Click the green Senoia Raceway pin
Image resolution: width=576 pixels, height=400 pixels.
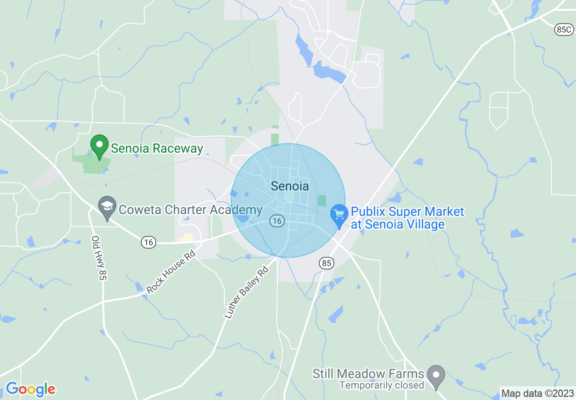(x=99, y=145)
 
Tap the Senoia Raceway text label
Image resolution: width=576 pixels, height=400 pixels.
(x=157, y=148)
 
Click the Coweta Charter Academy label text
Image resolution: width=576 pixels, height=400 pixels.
(x=190, y=210)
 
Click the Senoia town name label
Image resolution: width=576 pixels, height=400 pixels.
(x=289, y=185)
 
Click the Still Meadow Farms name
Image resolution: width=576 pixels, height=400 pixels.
(x=368, y=374)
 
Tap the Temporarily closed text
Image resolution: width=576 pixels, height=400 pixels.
(x=382, y=385)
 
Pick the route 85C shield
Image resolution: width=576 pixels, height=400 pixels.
(x=564, y=30)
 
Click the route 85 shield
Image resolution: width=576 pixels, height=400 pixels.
(x=326, y=263)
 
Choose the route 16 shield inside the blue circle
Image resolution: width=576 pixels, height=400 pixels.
(x=277, y=221)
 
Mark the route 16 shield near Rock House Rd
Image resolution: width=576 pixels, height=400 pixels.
(x=148, y=242)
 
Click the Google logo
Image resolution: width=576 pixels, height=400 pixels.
(x=30, y=389)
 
